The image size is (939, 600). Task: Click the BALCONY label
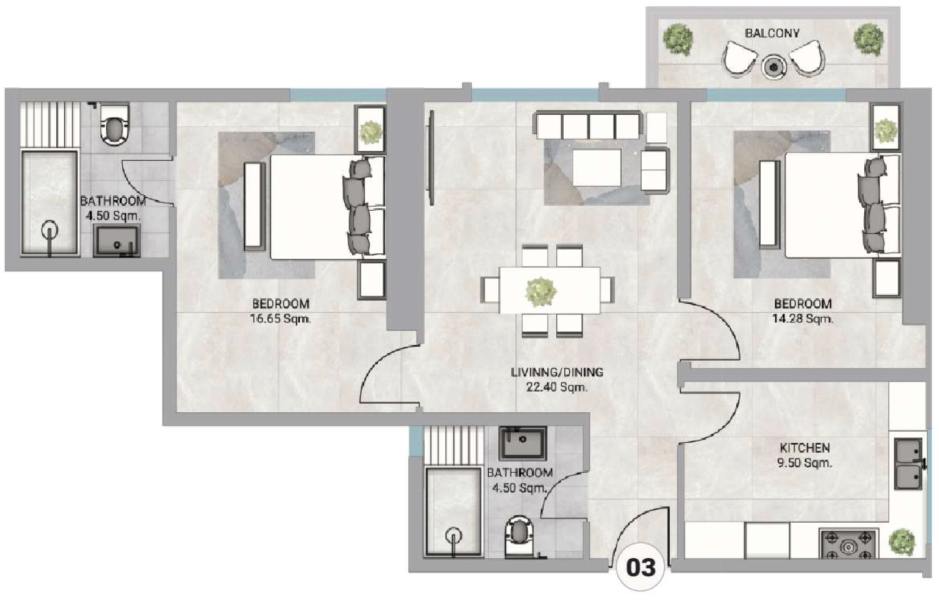(772, 33)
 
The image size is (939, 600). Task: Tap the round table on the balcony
(774, 67)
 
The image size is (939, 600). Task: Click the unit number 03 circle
(640, 568)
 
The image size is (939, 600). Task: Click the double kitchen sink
(908, 464)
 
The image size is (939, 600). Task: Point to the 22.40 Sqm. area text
(557, 387)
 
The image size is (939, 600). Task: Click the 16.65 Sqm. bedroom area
(281, 319)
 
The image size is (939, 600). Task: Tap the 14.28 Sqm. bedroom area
(802, 319)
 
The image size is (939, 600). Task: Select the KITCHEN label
(804, 448)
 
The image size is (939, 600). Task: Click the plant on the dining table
(541, 291)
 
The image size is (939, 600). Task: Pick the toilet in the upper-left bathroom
(114, 124)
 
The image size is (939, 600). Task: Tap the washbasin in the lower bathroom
(522, 443)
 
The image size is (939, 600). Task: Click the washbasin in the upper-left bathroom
(117, 241)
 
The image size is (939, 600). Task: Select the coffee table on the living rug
(597, 168)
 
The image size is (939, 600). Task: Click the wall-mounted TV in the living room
(430, 158)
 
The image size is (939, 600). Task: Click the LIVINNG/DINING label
(557, 372)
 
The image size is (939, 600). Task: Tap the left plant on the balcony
(677, 39)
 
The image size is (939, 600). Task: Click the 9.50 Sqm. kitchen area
(804, 463)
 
